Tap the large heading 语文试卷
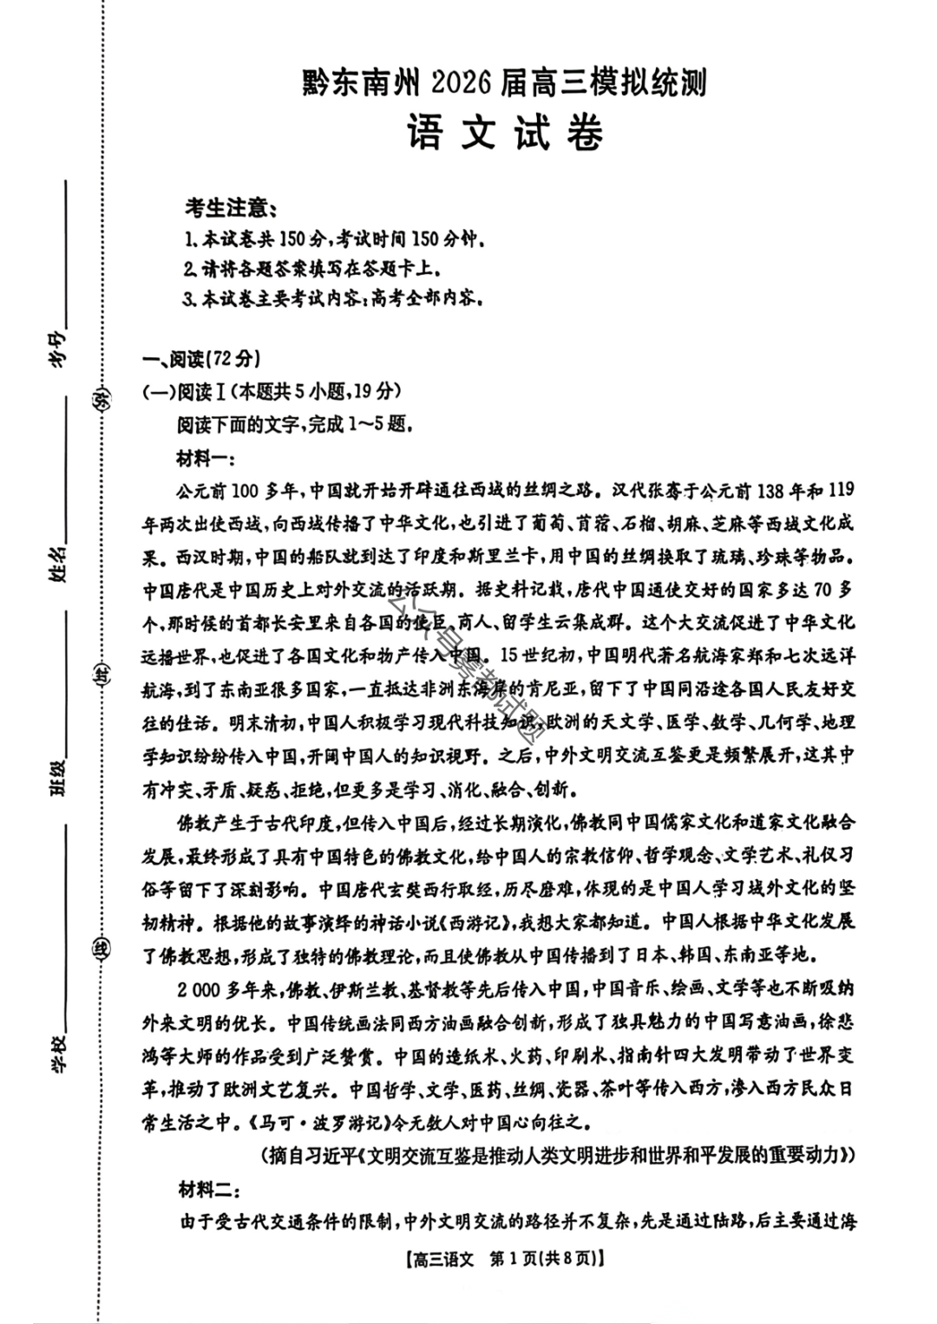[x=505, y=133]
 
